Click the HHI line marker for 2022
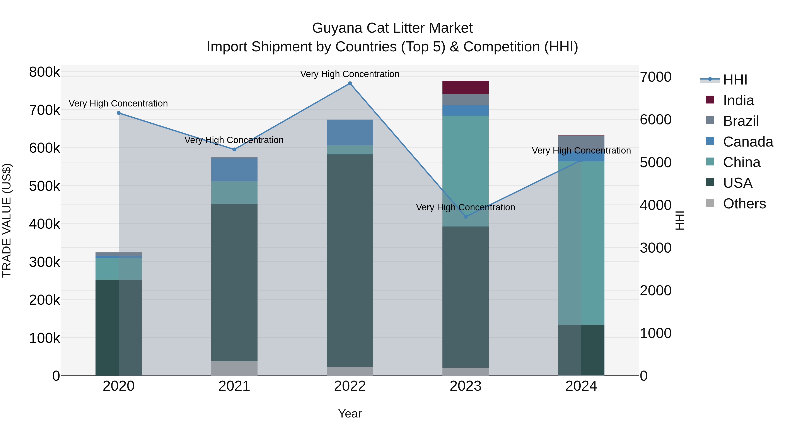(350, 83)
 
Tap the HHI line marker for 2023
(465, 217)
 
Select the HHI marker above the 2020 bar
(119, 113)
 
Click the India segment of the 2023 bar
(465, 87)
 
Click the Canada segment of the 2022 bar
(350, 132)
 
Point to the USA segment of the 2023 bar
(465, 297)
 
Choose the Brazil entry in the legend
(741, 121)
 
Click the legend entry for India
(738, 100)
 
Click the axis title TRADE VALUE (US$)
(7, 220)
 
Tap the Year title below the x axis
(350, 414)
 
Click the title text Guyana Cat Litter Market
(392, 28)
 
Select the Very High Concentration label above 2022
(350, 74)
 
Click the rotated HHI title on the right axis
(679, 220)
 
